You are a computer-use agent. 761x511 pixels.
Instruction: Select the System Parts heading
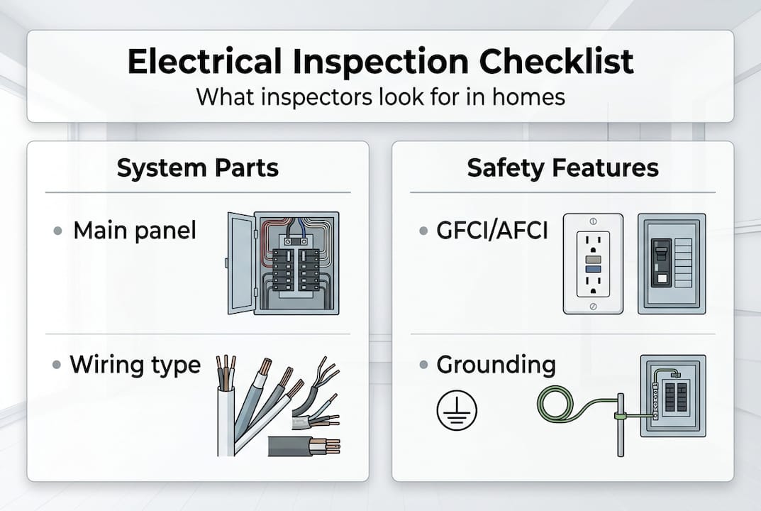(x=197, y=168)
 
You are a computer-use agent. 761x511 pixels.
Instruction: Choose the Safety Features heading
(x=562, y=168)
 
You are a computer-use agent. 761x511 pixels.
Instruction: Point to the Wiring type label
(x=135, y=365)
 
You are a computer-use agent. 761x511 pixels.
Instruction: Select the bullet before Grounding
(x=423, y=366)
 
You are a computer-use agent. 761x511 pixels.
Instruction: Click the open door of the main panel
(x=240, y=263)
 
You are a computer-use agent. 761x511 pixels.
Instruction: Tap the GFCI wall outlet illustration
(x=593, y=263)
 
